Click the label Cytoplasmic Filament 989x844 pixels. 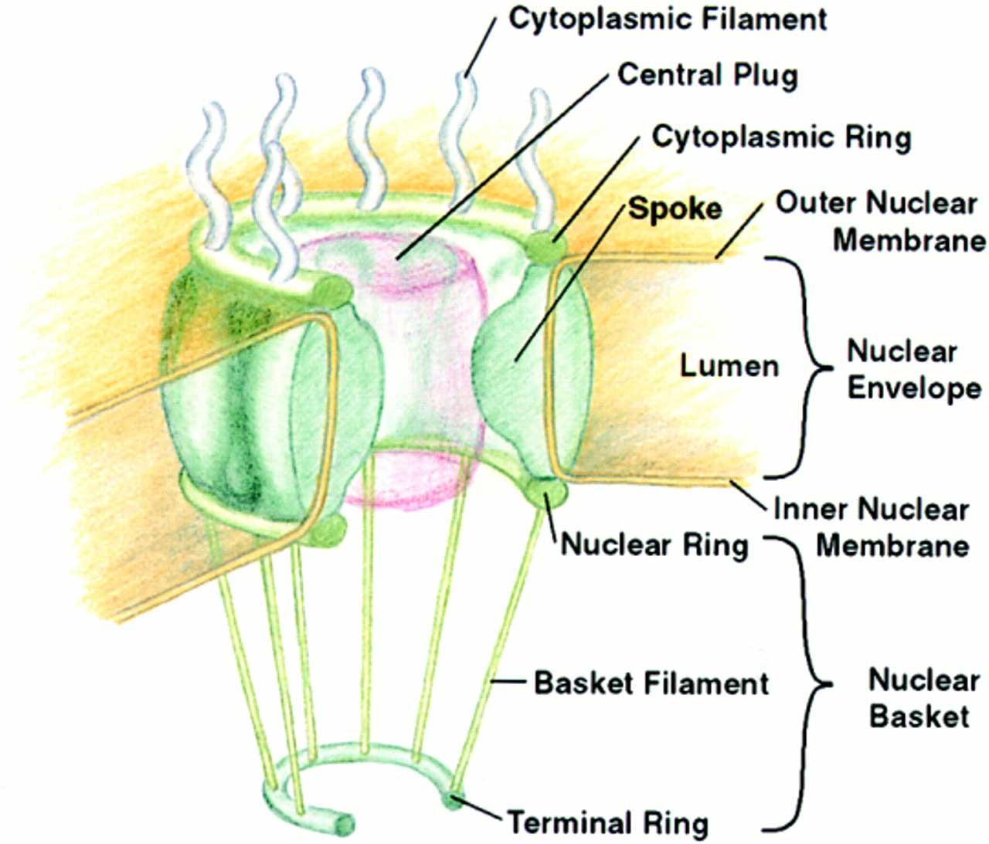(x=667, y=20)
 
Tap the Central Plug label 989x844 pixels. (x=707, y=76)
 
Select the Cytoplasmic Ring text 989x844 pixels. (x=781, y=137)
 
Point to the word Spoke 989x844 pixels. (x=675, y=208)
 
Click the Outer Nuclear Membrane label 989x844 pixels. (x=881, y=222)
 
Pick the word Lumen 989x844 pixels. (x=729, y=365)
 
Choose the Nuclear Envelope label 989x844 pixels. (x=913, y=369)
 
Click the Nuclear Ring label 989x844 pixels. (x=654, y=544)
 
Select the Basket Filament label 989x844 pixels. (x=651, y=683)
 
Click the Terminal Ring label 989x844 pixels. (x=607, y=822)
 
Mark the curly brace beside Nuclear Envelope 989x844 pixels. (x=804, y=368)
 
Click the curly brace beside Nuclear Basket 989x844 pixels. (x=808, y=684)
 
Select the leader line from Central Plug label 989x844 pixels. (x=502, y=167)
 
